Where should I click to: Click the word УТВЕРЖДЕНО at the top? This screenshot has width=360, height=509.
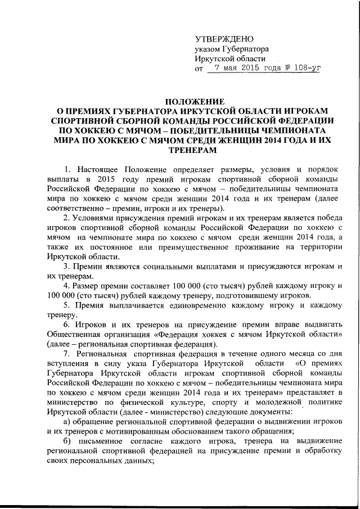tap(224, 39)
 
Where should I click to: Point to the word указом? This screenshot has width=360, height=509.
tap(208, 49)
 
